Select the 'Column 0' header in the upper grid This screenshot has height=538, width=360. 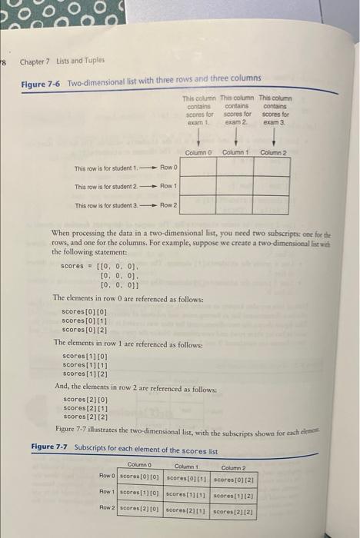click(198, 152)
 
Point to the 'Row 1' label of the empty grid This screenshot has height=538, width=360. click(169, 186)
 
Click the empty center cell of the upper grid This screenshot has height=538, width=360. click(235, 186)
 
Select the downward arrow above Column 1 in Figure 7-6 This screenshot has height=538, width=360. click(235, 137)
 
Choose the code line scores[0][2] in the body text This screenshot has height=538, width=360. click(85, 329)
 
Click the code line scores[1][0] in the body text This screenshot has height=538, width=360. click(85, 357)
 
